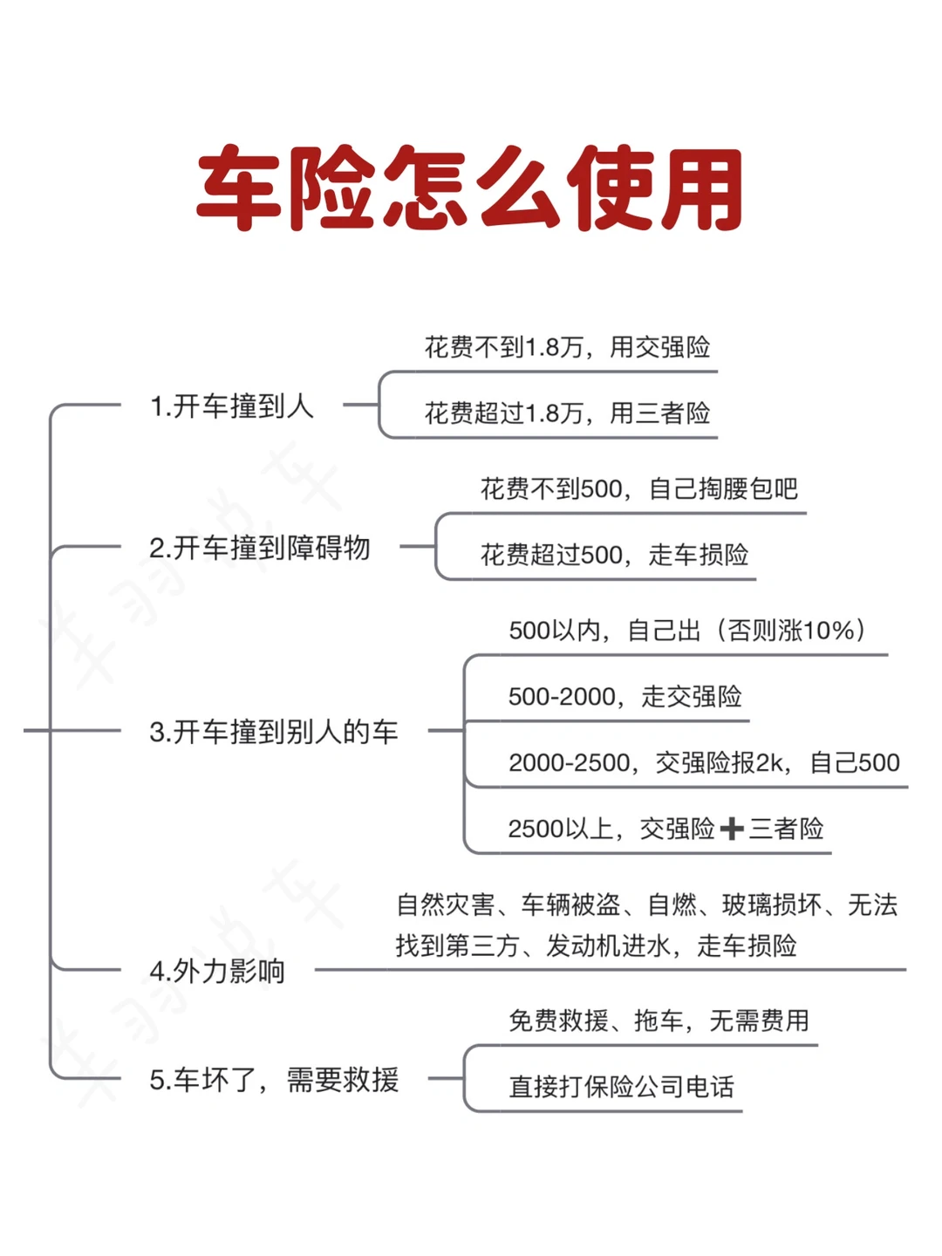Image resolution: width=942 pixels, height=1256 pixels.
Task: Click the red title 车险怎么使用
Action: pos(470,189)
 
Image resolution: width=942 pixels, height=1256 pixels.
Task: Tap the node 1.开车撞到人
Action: pos(231,406)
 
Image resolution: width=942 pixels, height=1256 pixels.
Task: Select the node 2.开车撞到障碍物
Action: pos(260,549)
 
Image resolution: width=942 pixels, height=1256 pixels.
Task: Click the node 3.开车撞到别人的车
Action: pos(273,732)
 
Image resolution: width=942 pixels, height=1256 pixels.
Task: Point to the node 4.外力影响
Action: pos(217,971)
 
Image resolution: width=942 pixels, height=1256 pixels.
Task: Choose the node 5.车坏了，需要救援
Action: pos(274,1080)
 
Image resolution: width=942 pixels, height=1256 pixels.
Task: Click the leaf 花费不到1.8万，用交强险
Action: pos(567,348)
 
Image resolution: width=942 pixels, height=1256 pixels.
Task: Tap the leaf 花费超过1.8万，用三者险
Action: pos(567,413)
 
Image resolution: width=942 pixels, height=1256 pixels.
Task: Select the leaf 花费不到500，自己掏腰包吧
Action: pos(638,489)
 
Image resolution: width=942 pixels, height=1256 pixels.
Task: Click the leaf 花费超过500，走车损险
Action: pos(614,555)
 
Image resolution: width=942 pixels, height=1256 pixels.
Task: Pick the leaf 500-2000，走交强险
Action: pos(625,697)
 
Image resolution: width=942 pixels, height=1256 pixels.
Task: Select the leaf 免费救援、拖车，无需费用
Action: pos(659,1020)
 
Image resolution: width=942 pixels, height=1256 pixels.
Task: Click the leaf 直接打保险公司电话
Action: pos(621,1087)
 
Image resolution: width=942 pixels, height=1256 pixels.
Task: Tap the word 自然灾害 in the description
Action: pos(445,905)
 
